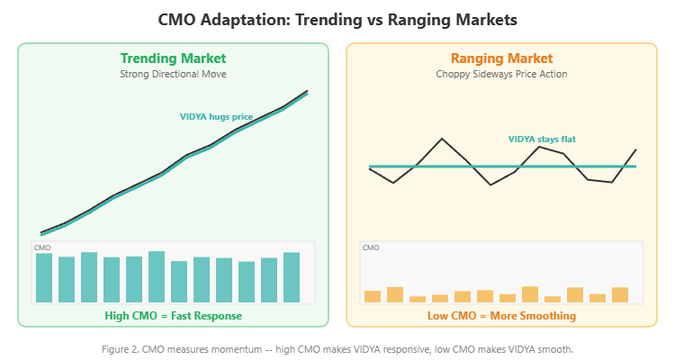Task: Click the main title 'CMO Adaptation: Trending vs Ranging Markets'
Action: tap(337, 19)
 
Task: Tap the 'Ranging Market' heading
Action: tap(501, 58)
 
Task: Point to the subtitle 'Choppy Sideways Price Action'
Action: tap(501, 75)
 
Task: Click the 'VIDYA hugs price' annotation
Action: tap(217, 116)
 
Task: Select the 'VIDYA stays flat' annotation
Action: tap(542, 139)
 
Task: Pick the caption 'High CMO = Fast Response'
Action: tap(174, 316)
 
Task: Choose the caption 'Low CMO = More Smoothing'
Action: tap(501, 316)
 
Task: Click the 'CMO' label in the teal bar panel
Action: tap(42, 247)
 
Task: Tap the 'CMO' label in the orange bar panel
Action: tap(371, 247)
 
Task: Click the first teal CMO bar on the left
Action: tap(44, 278)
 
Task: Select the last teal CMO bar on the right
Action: tap(292, 277)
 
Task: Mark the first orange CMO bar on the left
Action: tap(373, 296)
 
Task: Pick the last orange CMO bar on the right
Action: tap(620, 294)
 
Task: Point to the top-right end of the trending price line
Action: tap(308, 91)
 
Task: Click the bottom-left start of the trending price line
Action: tap(42, 232)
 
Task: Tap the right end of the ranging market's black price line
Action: tap(636, 149)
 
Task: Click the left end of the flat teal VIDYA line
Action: tap(370, 166)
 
